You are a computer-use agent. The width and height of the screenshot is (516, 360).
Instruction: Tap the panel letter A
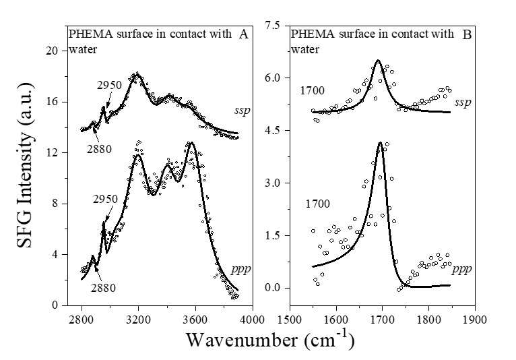(244, 36)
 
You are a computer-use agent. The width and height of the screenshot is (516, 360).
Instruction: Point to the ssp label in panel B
(462, 102)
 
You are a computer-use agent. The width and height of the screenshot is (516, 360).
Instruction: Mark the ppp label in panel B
(461, 269)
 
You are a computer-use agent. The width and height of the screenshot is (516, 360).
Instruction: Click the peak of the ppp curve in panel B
(381, 142)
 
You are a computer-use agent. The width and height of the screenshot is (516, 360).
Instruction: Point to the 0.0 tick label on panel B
(273, 288)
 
